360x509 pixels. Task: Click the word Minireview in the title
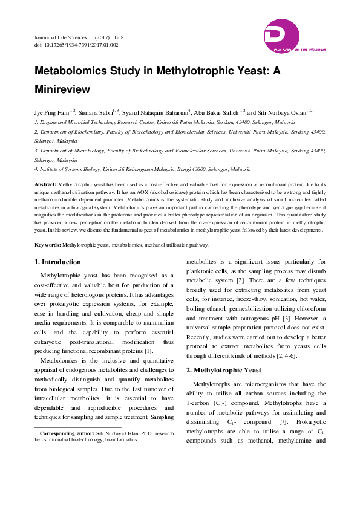point(62,89)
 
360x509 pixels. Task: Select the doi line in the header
point(76,45)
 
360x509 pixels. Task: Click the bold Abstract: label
point(46,183)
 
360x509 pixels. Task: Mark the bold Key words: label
point(48,244)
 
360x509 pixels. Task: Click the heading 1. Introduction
point(57,262)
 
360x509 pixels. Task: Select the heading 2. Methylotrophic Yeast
point(223,369)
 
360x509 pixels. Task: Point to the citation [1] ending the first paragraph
point(148,351)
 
